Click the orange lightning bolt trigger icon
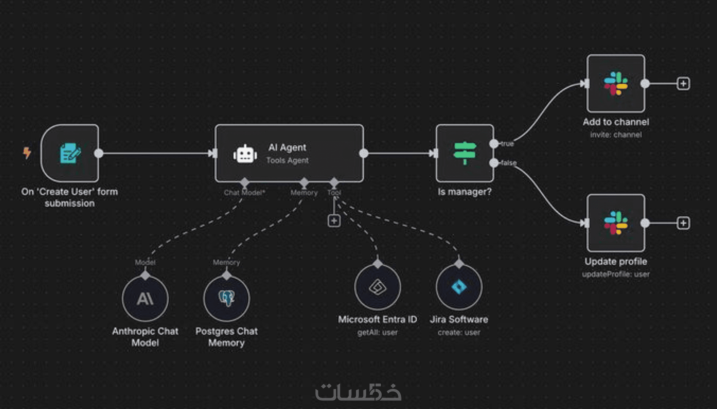(x=27, y=152)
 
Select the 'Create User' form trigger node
(x=70, y=153)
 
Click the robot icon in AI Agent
(x=245, y=154)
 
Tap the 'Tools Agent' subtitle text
(x=287, y=161)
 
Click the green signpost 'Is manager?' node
(x=465, y=153)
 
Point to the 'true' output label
(x=507, y=144)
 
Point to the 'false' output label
(x=509, y=163)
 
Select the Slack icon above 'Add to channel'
(x=616, y=83)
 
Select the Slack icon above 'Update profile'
(x=616, y=223)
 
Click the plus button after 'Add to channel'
(x=683, y=83)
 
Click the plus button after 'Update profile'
(x=683, y=223)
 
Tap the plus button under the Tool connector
(x=334, y=221)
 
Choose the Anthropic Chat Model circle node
(x=145, y=299)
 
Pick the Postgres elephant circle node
(x=226, y=299)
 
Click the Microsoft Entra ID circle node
(x=377, y=287)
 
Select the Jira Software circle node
(x=459, y=287)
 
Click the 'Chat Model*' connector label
(x=244, y=193)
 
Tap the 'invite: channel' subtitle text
(x=616, y=135)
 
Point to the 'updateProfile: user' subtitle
(x=616, y=274)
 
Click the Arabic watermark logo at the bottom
(x=358, y=392)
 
